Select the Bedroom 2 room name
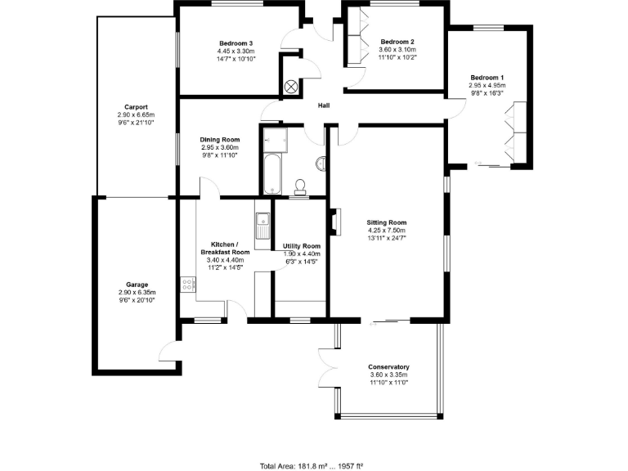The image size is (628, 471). coord(397,42)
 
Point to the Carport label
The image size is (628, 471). coord(136,107)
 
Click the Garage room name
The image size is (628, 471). coord(136,285)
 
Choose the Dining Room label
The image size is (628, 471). coord(220,140)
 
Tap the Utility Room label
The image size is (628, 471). coord(301,246)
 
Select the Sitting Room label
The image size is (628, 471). coord(387,222)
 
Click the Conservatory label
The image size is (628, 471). coord(388,367)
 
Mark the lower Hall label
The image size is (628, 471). coord(324,105)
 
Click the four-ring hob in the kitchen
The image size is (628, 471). coord(188,285)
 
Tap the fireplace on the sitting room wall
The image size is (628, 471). coord(334,222)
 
